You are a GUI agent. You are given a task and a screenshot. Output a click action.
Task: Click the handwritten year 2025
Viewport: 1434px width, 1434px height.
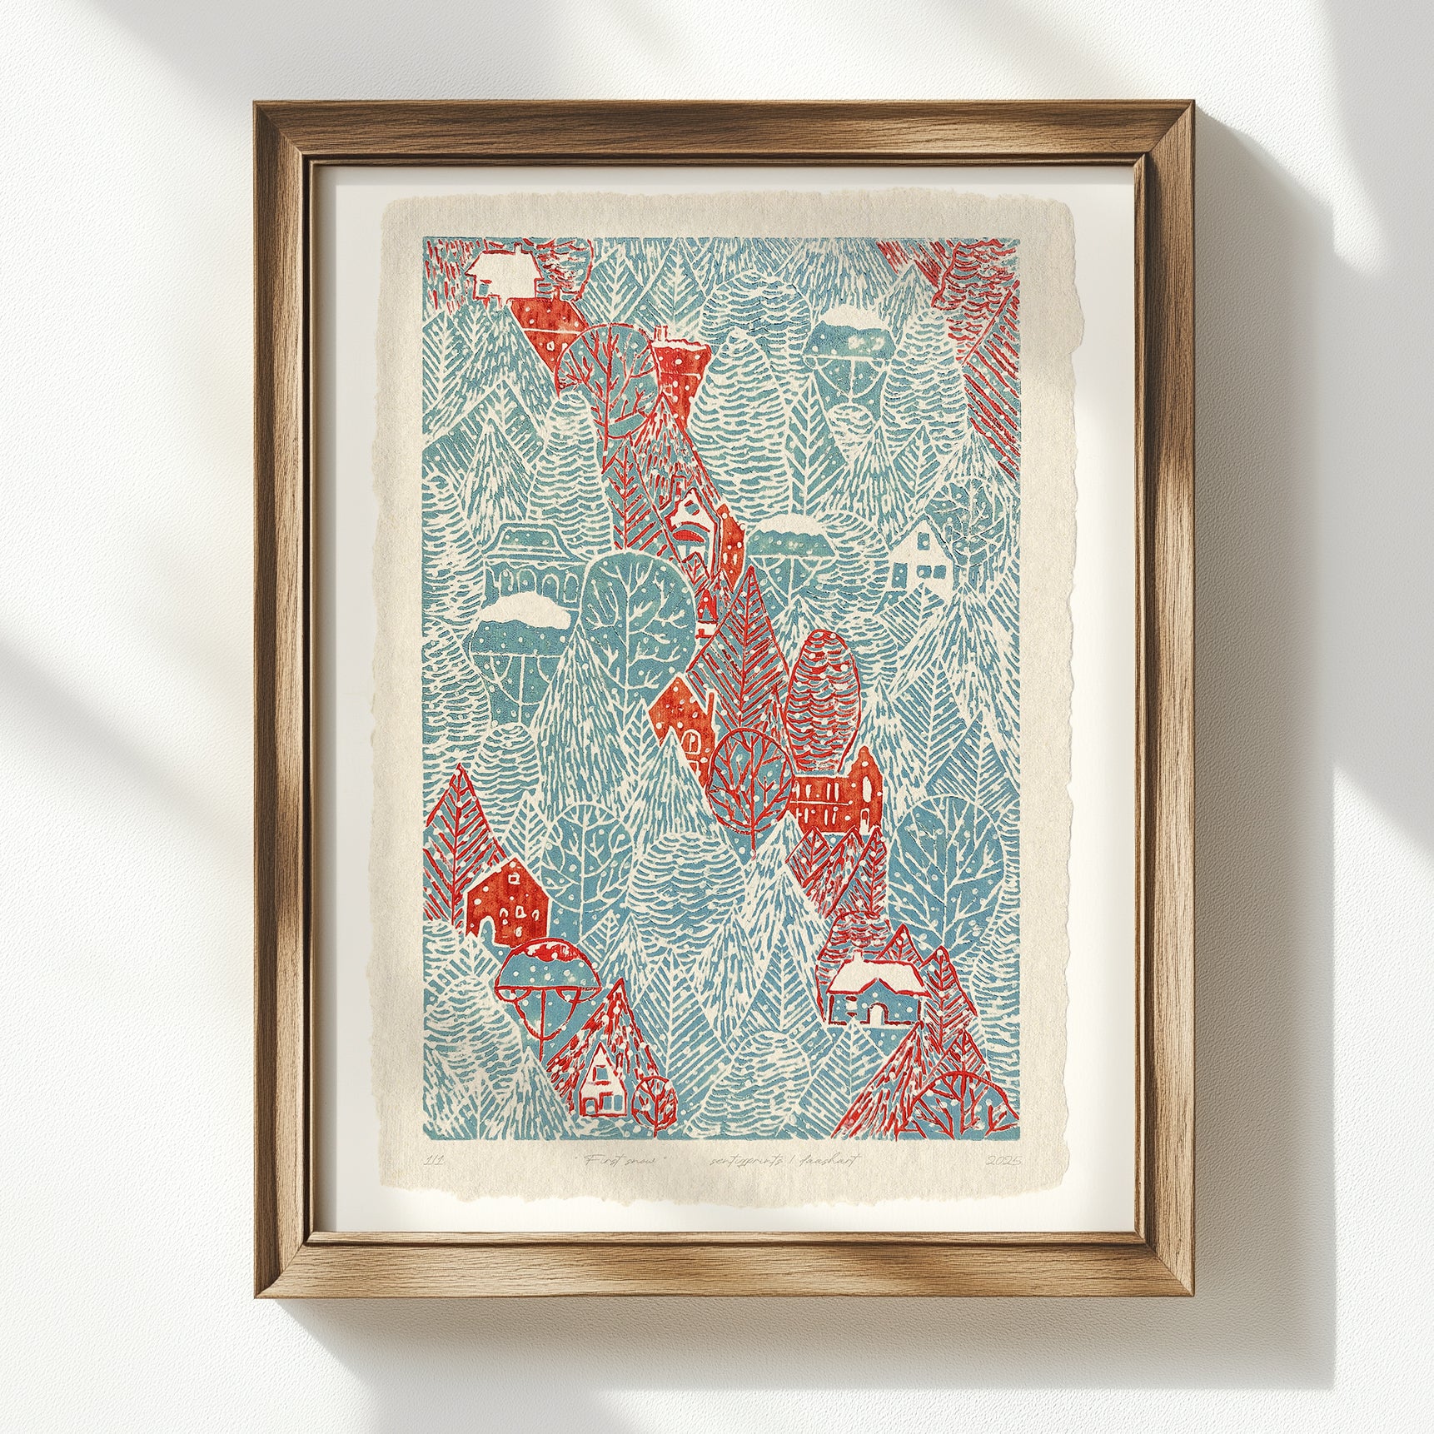click(1002, 1160)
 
